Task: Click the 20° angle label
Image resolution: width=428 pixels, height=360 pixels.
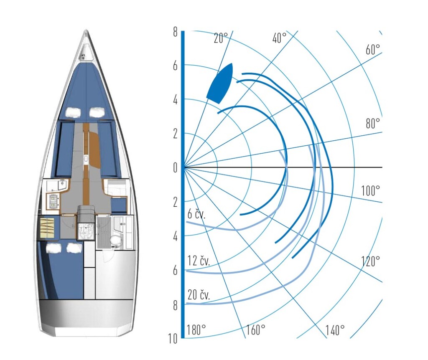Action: click(x=221, y=38)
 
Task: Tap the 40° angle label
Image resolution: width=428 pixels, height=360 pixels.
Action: click(x=279, y=38)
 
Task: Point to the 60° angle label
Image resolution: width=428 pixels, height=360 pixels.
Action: click(x=372, y=50)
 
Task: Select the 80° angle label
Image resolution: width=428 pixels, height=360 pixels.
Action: click(x=372, y=124)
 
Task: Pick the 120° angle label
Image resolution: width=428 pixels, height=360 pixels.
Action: click(x=370, y=261)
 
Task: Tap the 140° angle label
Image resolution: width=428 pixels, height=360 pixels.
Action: click(x=335, y=330)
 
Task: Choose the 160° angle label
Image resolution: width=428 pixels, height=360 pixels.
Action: click(x=256, y=330)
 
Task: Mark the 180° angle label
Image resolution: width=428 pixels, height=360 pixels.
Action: click(x=196, y=330)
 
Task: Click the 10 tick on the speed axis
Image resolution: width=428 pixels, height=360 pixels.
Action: click(x=173, y=339)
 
